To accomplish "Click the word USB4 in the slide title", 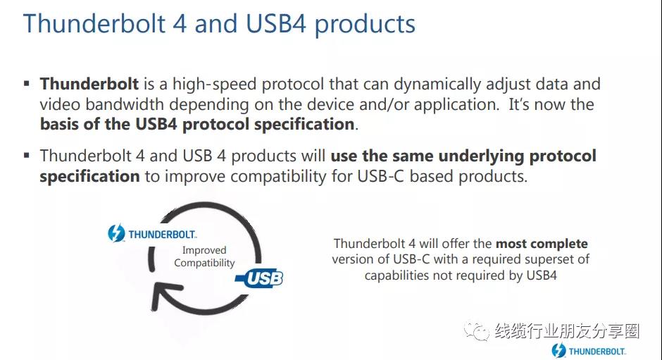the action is pos(275,24).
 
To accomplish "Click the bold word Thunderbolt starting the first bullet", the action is pos(89,84).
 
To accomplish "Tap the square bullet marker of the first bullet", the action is pos(27,84).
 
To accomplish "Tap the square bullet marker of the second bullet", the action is pos(27,156).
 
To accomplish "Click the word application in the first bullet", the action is pos(456,105).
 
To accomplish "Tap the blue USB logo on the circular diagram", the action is pos(260,278).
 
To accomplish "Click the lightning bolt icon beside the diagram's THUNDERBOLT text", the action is pos(116,232).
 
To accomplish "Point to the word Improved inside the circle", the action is pos(204,250).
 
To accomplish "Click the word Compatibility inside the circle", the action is pos(204,263).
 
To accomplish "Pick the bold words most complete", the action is pos(542,244).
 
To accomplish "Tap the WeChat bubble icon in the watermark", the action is pos(477,331).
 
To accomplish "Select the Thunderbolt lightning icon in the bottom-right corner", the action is pos(558,351).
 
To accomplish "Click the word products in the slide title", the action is pos(365,25).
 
